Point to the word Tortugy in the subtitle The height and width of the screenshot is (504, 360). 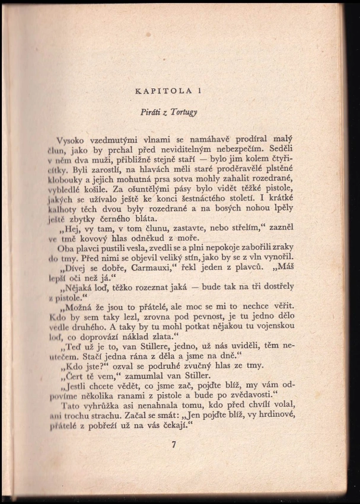[x=190, y=111]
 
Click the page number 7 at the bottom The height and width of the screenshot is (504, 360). [x=175, y=447]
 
